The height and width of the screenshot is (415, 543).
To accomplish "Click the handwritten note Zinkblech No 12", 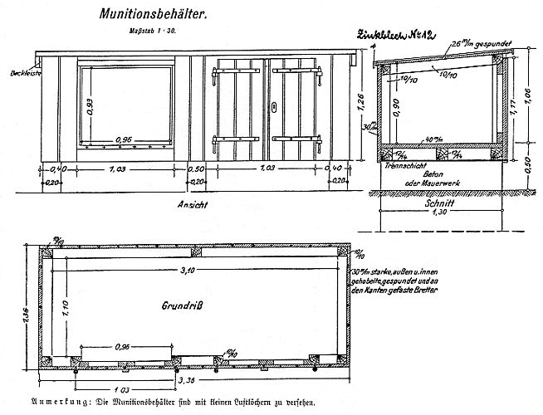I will click(397, 37).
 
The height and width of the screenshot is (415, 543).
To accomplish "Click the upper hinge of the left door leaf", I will click(224, 76).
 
